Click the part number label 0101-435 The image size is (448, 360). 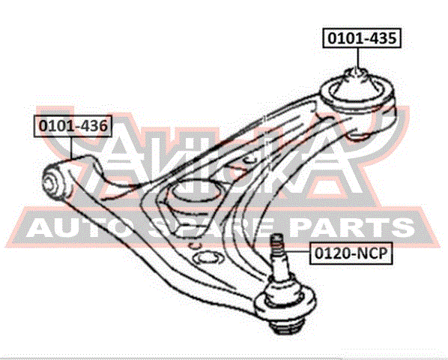tap(362, 37)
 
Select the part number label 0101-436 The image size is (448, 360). tap(73, 126)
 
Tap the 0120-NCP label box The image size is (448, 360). tap(351, 253)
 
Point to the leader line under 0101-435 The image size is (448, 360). tap(357, 58)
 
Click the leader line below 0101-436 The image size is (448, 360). tap(71, 148)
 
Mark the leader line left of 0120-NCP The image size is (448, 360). tap(297, 252)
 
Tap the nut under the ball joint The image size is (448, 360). tap(286, 325)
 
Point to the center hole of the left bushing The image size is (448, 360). tap(50, 181)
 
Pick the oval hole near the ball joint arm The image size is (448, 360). tap(208, 258)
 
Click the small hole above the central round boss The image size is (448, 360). tap(249, 160)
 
